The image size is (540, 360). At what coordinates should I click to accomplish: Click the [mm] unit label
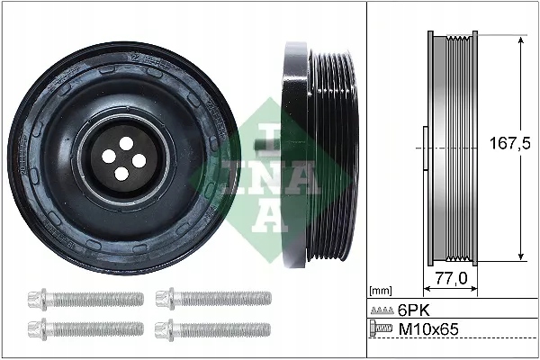(382, 292)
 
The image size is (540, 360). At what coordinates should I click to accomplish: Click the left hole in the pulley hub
(109, 155)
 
